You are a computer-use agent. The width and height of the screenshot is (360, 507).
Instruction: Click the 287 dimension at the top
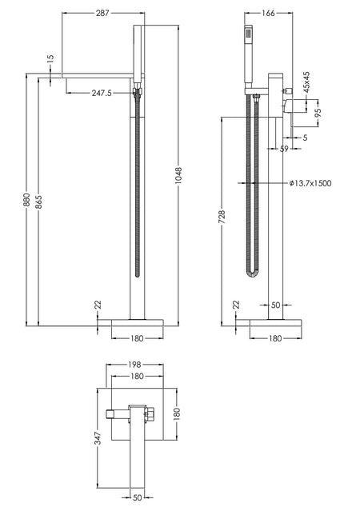click(x=103, y=13)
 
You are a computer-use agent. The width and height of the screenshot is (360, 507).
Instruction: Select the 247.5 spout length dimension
click(x=102, y=93)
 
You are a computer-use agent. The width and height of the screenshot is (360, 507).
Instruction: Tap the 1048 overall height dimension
click(x=178, y=176)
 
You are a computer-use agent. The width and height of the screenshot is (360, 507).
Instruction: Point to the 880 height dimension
click(x=26, y=199)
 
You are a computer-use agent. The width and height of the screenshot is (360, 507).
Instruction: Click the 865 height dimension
click(x=38, y=202)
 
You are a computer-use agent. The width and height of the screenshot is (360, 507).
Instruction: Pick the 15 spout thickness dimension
click(x=50, y=59)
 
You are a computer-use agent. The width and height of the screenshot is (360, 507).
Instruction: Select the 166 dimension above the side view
click(x=268, y=13)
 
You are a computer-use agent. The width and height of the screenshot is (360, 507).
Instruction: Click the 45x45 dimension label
click(x=306, y=82)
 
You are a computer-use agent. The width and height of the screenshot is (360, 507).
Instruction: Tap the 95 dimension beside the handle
click(x=318, y=111)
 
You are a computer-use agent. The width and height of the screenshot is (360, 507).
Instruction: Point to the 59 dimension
click(x=284, y=149)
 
